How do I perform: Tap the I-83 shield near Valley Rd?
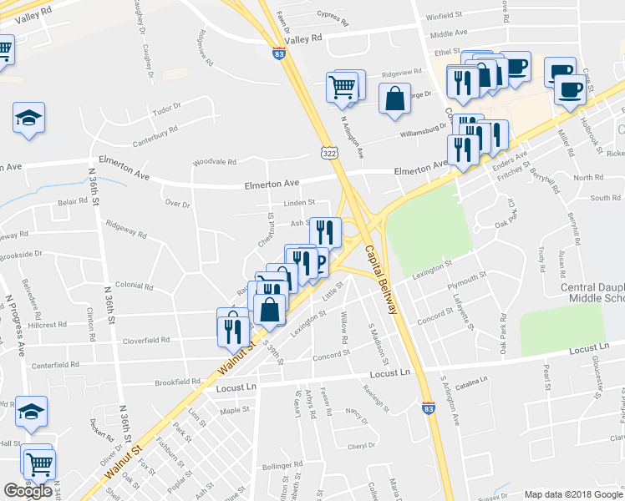[x=277, y=52]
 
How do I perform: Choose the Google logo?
[x=28, y=491]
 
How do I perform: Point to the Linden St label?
[x=298, y=202]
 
